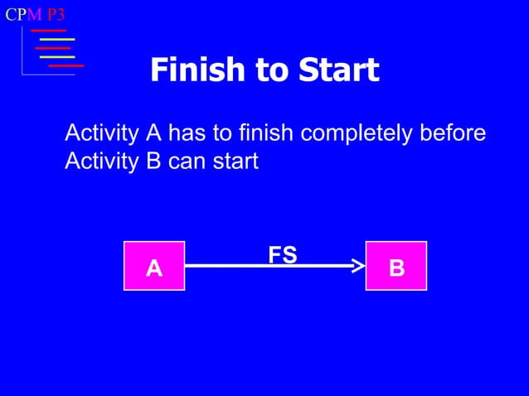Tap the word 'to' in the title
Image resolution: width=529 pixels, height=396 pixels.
[x=271, y=70]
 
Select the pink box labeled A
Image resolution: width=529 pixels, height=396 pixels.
[x=154, y=266]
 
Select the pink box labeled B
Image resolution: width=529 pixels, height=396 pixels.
[x=396, y=266]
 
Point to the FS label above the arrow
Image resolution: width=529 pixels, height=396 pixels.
[x=282, y=255]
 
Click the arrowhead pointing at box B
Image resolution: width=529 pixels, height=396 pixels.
[x=358, y=266]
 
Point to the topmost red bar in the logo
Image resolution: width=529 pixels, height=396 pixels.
[x=48, y=31]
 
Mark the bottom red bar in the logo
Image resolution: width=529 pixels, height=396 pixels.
[x=66, y=65]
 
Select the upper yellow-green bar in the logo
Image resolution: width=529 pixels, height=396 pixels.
[x=57, y=39]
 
